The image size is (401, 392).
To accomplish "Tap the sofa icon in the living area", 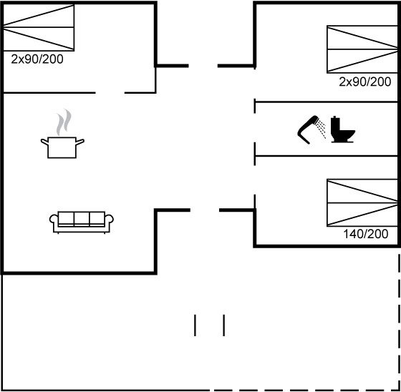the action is pos(82,222).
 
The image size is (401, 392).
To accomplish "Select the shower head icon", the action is pos(308,129).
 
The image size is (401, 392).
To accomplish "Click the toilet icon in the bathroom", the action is pos(342,129).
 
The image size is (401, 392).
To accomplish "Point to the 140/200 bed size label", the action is pos(365,234).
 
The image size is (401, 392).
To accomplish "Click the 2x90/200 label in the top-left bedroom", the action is pos(37,59).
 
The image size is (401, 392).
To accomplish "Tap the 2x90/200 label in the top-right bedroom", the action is pos(365,82).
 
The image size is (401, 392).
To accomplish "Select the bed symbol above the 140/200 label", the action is pos(362,203).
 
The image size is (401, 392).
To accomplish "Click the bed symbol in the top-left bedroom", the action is pos(39,27).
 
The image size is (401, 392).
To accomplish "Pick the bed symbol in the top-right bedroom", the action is pos(362,49).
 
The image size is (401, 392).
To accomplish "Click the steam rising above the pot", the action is pos(64,122).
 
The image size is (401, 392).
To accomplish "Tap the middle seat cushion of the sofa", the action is pos(82,218).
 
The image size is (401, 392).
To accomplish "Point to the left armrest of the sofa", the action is pos(54,219).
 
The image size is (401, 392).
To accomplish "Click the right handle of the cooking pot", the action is pos(80,142).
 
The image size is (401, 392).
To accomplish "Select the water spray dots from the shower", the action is pos(321,129).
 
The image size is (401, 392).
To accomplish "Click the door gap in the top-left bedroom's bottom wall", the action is pos(110,93).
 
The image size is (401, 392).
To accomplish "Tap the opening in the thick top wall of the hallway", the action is pos(203,66).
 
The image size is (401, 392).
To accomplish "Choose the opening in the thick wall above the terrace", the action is pos(205,210).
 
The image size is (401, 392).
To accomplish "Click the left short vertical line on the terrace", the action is pos(195,325).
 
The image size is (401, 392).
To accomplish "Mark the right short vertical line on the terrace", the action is pos(223,325).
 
